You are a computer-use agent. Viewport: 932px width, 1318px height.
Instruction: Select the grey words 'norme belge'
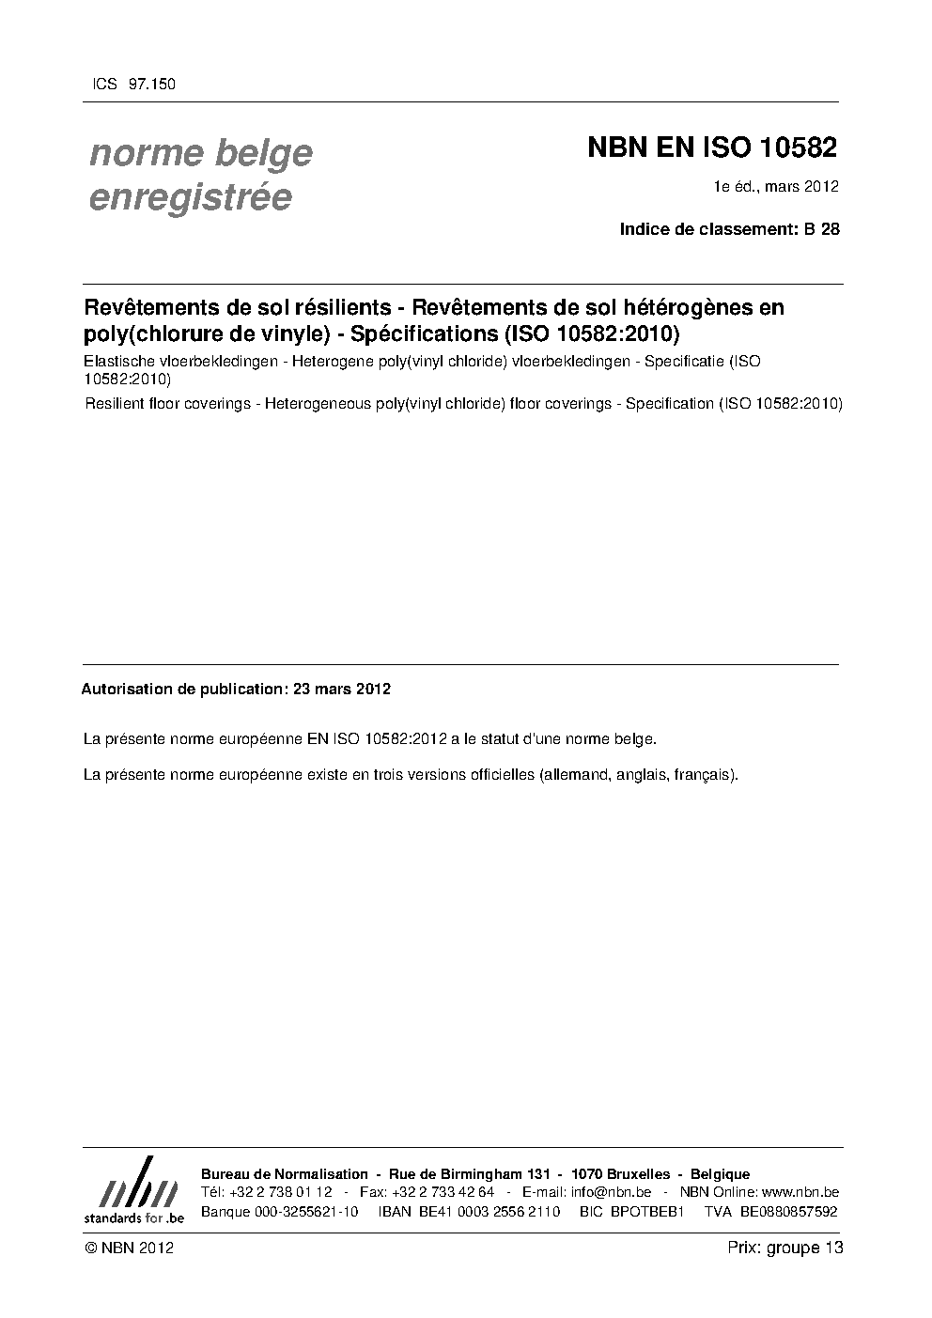coord(200,152)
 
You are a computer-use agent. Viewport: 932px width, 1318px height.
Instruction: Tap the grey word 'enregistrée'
coord(190,197)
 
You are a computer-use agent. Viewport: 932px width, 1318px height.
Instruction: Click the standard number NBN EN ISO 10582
coord(711,147)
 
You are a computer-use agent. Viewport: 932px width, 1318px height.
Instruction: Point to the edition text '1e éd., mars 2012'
coord(776,187)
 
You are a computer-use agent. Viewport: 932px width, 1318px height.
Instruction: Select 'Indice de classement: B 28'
coord(729,228)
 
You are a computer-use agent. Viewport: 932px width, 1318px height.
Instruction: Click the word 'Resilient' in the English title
coord(116,403)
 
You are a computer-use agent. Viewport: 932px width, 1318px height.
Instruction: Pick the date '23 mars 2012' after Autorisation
coord(342,689)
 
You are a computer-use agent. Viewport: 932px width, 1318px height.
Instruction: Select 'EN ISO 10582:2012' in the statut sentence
coord(377,738)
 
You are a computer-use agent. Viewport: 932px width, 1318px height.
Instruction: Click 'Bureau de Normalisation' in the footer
coord(285,1174)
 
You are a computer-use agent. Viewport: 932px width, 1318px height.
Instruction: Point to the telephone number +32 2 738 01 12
coord(280,1192)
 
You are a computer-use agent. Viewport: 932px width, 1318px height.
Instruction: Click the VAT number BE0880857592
coord(788,1211)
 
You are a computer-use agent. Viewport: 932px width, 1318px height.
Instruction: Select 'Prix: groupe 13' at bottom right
coord(784,1248)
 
